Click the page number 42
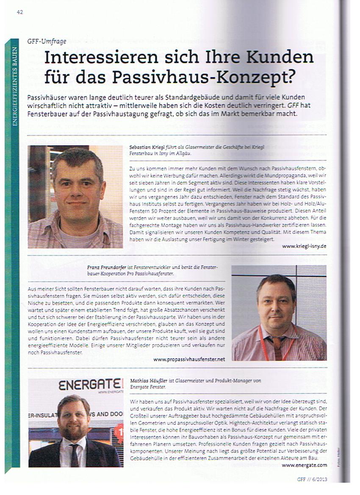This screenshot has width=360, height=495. click(x=19, y=12)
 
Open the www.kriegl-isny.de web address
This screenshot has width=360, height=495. click(x=304, y=245)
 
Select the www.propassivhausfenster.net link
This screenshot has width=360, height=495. click(x=189, y=359)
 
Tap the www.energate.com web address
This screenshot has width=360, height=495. click(x=304, y=465)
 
